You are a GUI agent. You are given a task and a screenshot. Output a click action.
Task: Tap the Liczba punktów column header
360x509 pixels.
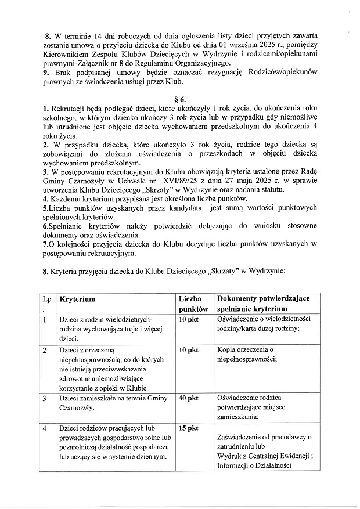pos(193,304)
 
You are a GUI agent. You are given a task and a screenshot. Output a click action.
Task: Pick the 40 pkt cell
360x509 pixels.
pos(189,398)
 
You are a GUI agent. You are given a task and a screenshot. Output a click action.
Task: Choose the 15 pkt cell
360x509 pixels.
pos(189,428)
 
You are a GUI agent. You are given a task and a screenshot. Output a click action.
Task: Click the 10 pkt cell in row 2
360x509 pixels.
pos(189,350)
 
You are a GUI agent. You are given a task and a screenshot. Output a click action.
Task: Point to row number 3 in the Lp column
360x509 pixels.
pos(45,398)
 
